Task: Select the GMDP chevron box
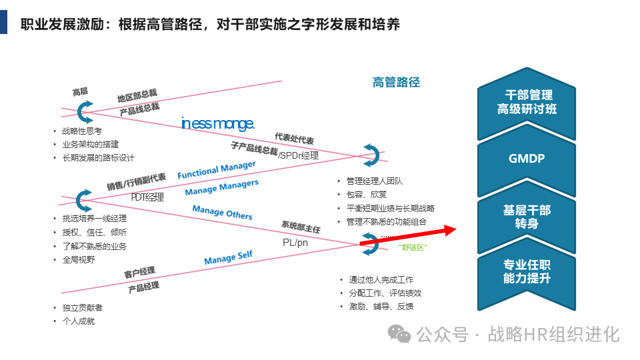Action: click(527, 158)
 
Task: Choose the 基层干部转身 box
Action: click(527, 217)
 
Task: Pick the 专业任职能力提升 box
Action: click(527, 271)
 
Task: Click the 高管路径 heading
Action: click(396, 82)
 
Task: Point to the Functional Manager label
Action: click(216, 169)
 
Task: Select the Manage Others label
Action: click(222, 212)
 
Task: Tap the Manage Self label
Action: click(229, 258)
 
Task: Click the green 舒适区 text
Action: click(411, 247)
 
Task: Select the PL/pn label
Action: click(295, 243)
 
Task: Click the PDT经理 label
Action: click(147, 197)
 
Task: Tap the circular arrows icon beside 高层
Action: click(85, 111)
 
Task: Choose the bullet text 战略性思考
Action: click(82, 131)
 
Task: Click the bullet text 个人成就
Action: click(78, 321)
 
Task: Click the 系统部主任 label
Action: click(301, 228)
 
